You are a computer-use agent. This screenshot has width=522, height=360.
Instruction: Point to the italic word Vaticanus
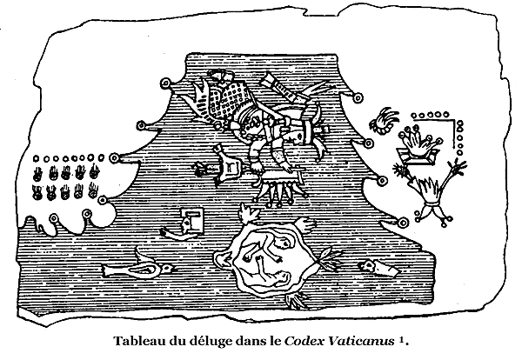tap(361, 341)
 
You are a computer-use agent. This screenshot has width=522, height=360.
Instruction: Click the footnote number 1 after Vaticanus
tap(401, 339)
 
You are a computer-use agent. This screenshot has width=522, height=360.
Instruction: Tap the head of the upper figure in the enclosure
tap(284, 243)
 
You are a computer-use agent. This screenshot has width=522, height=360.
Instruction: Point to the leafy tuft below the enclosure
tap(297, 299)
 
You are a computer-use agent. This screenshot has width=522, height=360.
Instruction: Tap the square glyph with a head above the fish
tap(192, 220)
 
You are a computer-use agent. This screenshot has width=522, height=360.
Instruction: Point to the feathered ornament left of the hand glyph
tap(384, 121)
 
